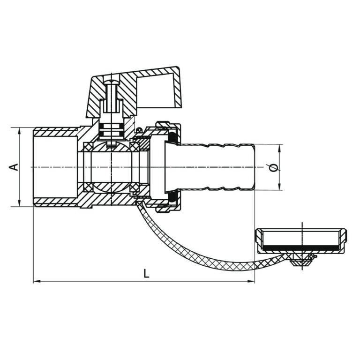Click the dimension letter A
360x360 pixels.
click(15, 167)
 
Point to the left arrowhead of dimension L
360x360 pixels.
click(36, 282)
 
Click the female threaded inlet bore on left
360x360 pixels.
click(54, 167)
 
